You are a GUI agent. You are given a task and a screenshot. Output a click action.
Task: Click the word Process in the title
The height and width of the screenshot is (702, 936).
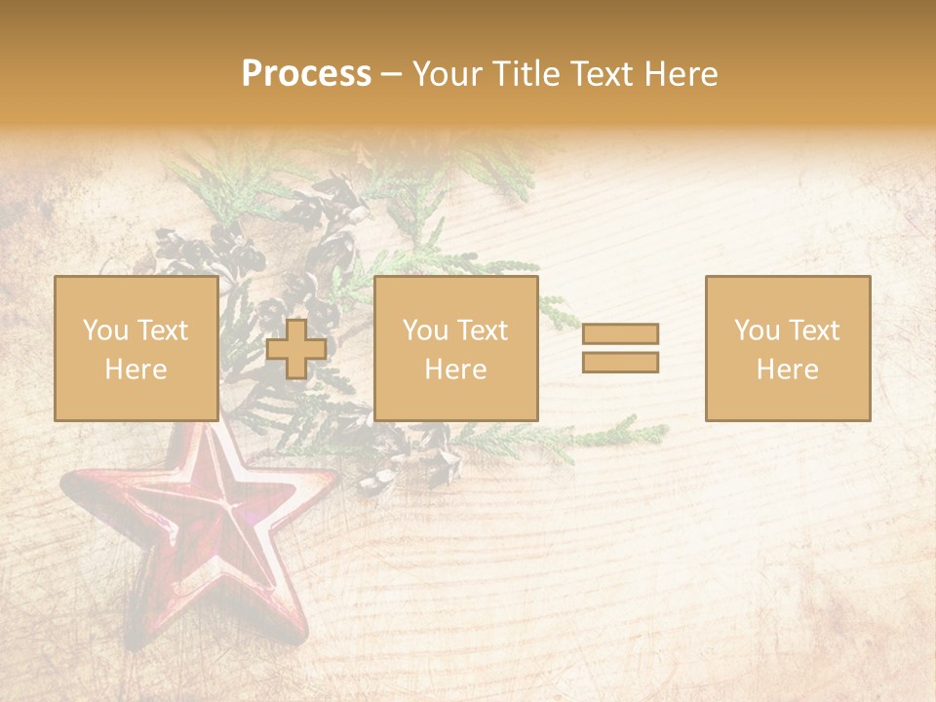tap(306, 74)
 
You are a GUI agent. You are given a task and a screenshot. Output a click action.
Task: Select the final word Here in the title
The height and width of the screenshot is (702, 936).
tap(681, 74)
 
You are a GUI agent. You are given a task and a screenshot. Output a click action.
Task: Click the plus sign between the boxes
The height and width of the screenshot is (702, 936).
tap(296, 349)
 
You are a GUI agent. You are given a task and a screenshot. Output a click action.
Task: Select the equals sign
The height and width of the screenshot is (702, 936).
tap(620, 348)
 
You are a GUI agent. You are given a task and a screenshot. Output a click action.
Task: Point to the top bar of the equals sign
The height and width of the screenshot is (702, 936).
tap(620, 333)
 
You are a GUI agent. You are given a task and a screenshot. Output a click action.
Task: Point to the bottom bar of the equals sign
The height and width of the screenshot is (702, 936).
tap(620, 362)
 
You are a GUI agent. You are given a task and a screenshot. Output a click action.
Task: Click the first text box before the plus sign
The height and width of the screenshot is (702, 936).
tap(136, 348)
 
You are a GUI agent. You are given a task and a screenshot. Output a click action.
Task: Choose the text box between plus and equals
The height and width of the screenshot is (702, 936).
tap(456, 348)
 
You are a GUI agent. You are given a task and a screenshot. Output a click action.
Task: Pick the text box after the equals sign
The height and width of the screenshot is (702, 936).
tap(788, 348)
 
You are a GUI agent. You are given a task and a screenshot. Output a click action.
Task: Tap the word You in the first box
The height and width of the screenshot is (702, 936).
tap(104, 331)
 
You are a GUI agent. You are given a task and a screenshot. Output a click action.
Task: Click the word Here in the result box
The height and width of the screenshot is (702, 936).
tap(788, 369)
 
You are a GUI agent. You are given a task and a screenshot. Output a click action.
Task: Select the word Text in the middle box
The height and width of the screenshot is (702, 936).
tap(483, 331)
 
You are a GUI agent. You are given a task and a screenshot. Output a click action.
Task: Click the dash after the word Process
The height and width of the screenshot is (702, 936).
tap(392, 74)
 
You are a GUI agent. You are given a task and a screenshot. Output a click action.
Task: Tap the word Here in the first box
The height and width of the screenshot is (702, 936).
tap(136, 369)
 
